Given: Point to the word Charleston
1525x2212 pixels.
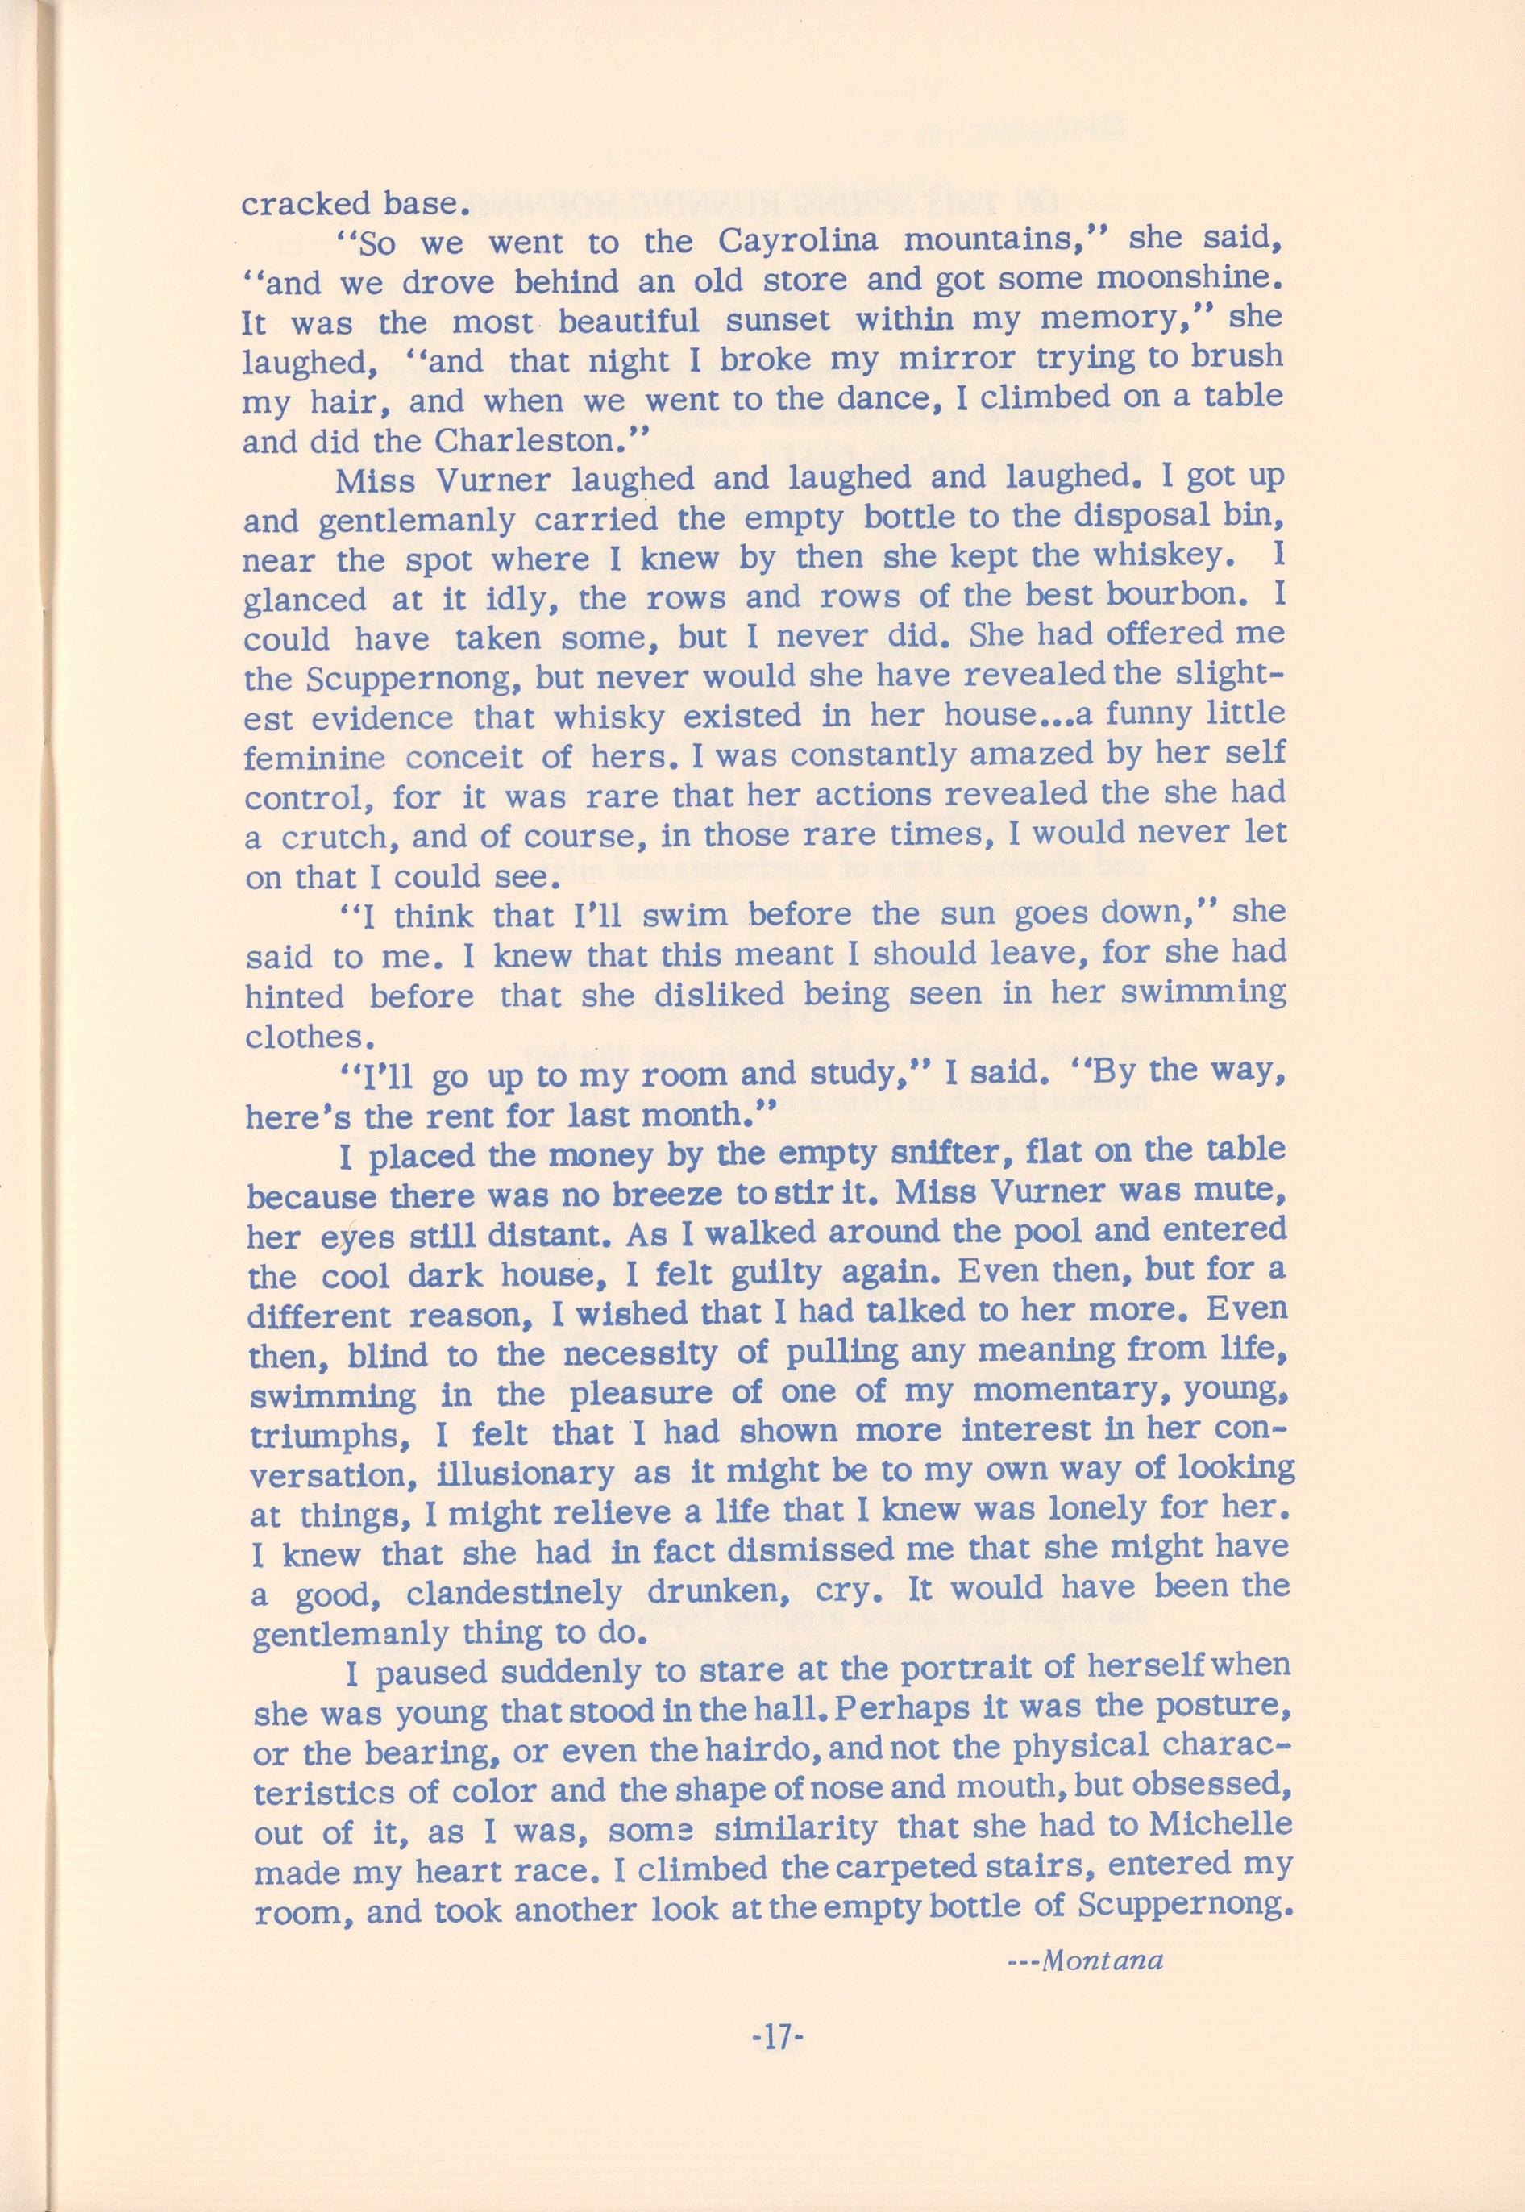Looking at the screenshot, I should pyautogui.click(x=540, y=442).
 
